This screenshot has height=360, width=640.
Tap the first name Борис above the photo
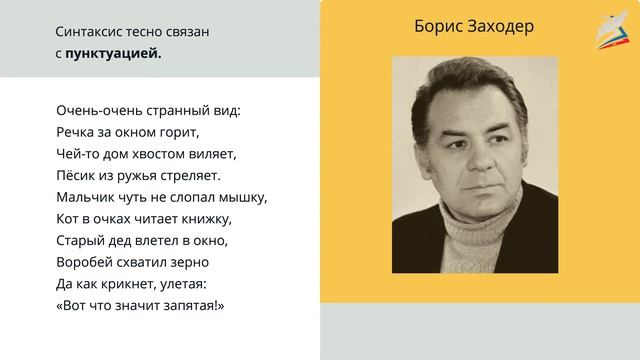(x=438, y=27)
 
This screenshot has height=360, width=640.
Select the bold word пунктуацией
(x=113, y=53)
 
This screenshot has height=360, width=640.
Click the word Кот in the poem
(x=67, y=218)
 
